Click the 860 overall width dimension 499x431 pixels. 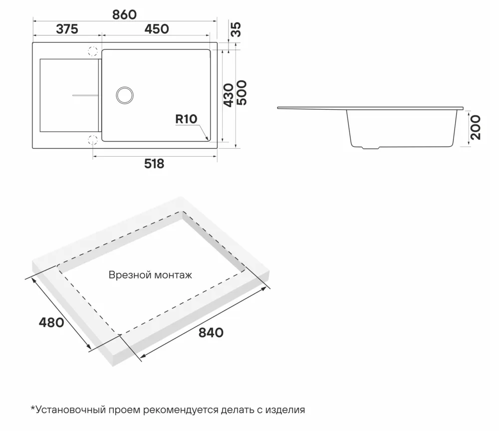pos(124,14)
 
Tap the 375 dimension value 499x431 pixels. pos(67,29)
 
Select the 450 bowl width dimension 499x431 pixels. pos(156,29)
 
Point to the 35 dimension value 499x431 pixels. pos(236,29)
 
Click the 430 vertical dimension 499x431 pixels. pos(228,95)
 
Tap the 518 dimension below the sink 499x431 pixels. pos(154,164)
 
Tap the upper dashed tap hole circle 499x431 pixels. pos(92,51)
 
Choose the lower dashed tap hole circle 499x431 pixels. pos(92,139)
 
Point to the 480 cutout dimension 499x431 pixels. pos(51,322)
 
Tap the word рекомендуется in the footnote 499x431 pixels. pos(180,410)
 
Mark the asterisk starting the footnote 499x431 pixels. pos(33,409)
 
